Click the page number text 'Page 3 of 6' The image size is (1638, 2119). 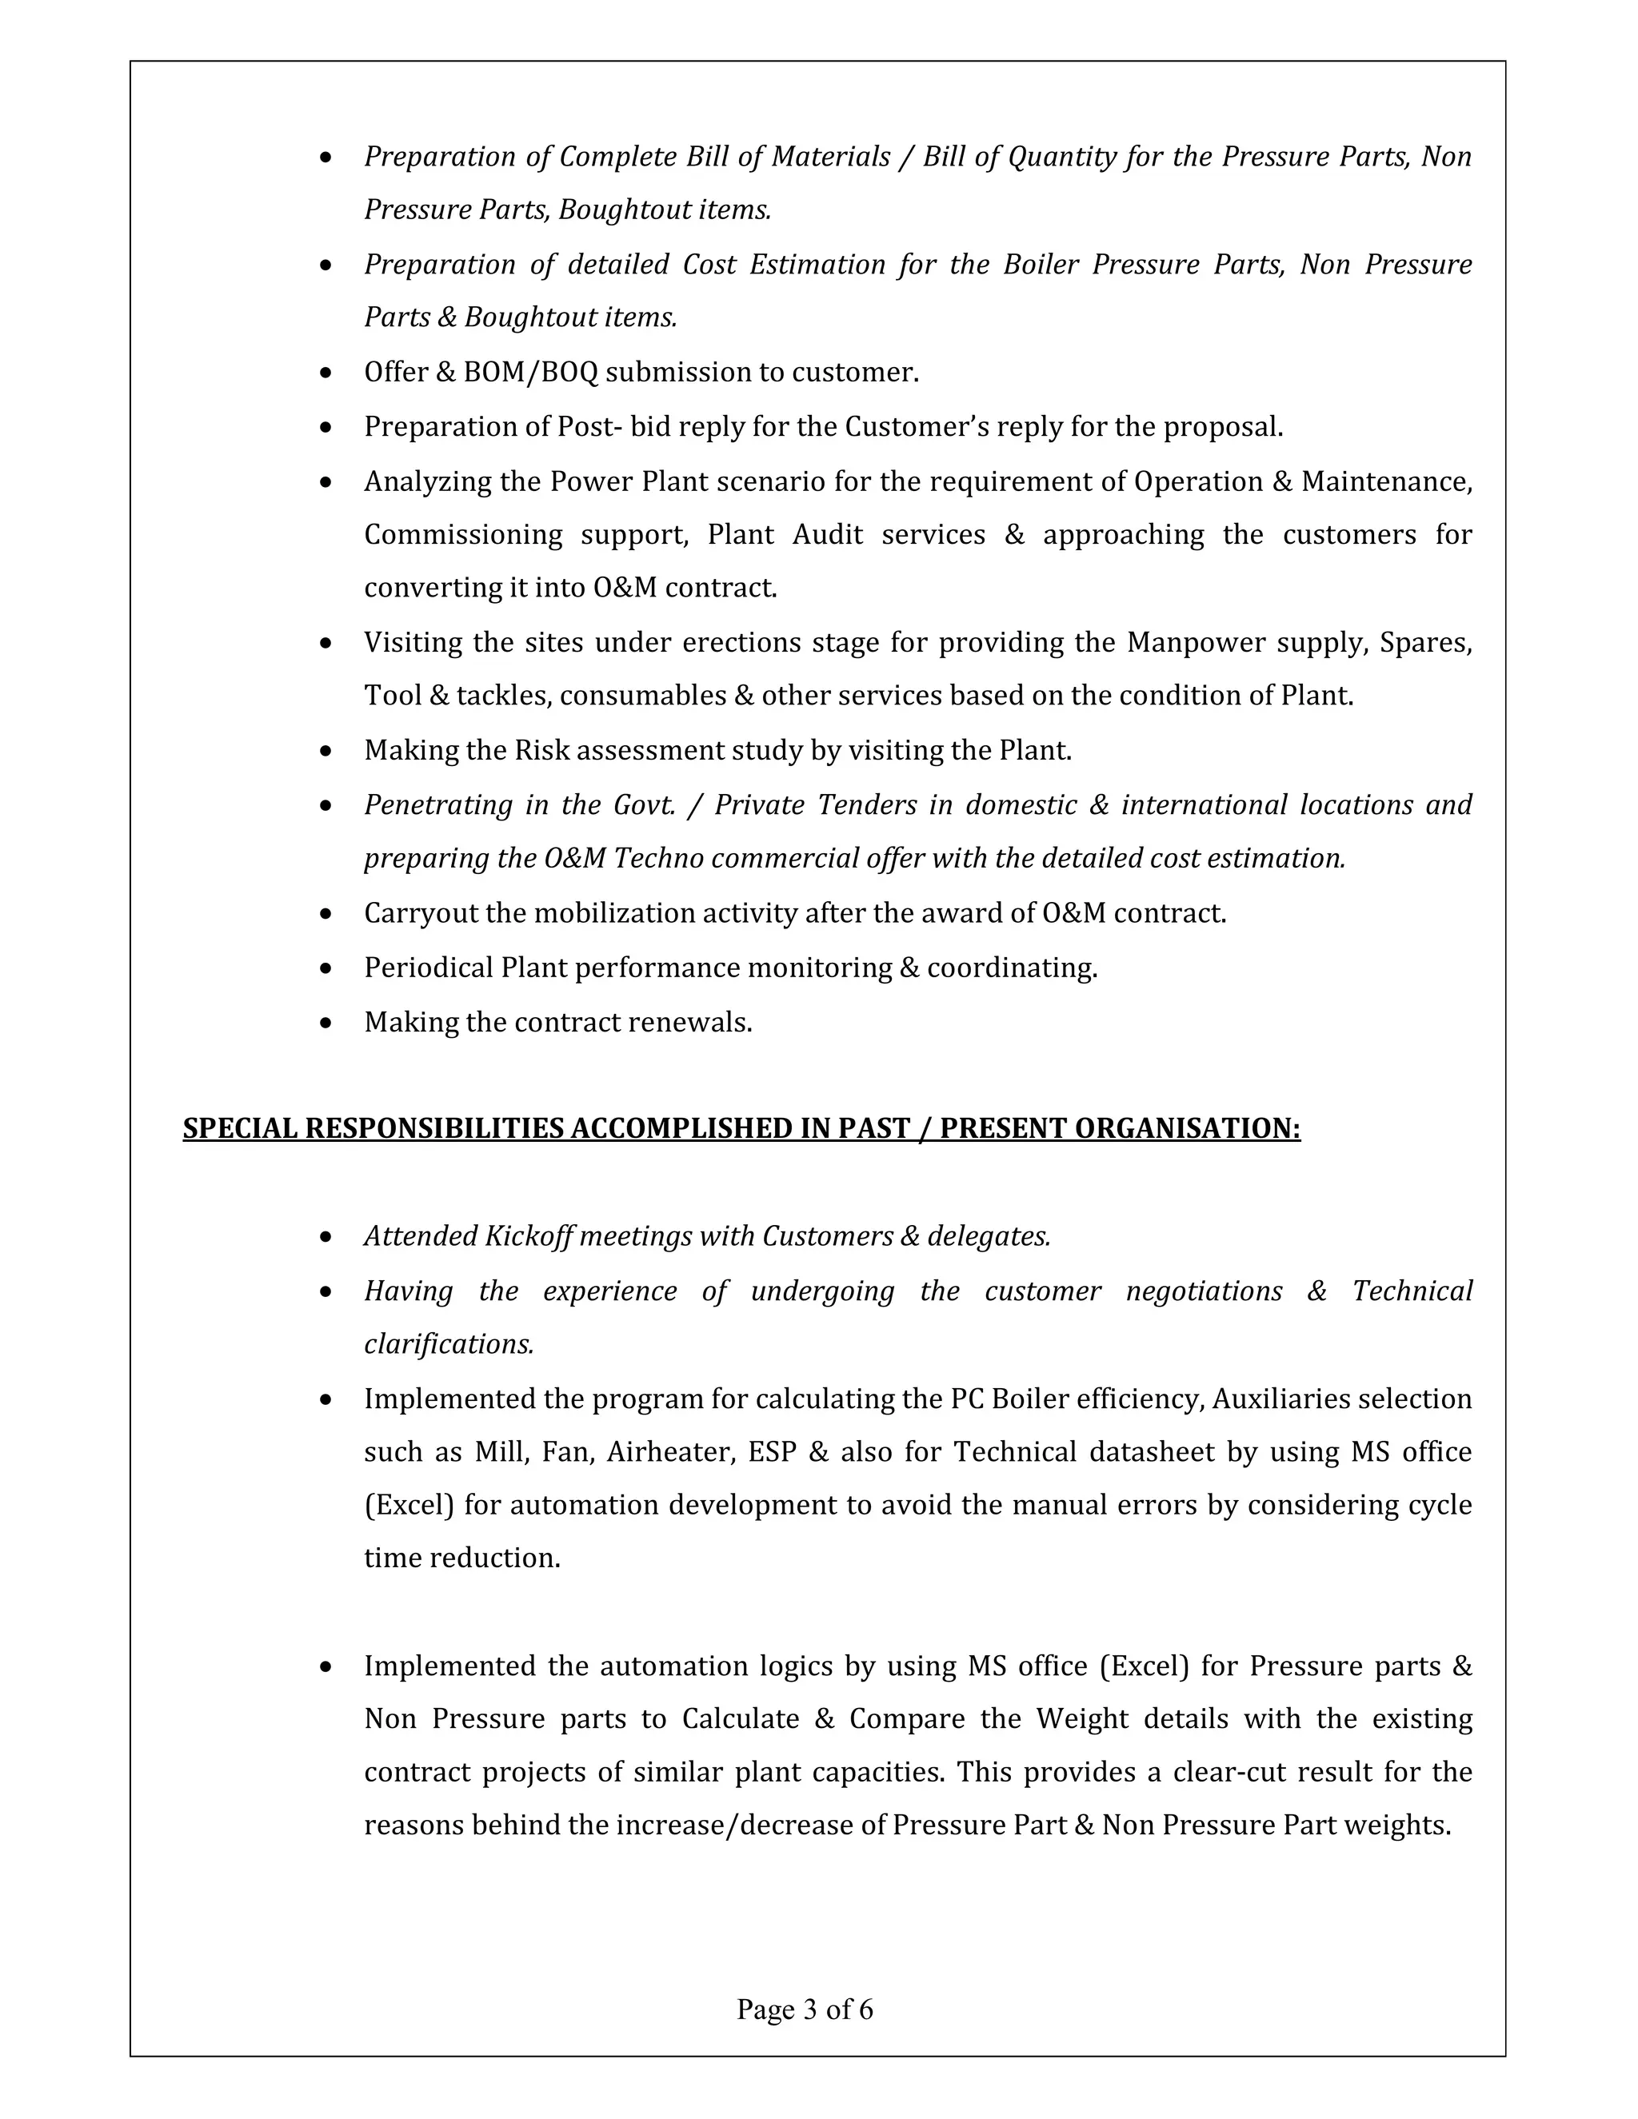coord(805,2009)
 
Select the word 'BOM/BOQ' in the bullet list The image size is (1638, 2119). coord(531,373)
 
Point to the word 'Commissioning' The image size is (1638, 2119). coord(463,535)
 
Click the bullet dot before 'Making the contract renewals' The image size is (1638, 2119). coord(326,1023)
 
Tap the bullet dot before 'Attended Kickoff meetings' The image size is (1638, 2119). coord(326,1237)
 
